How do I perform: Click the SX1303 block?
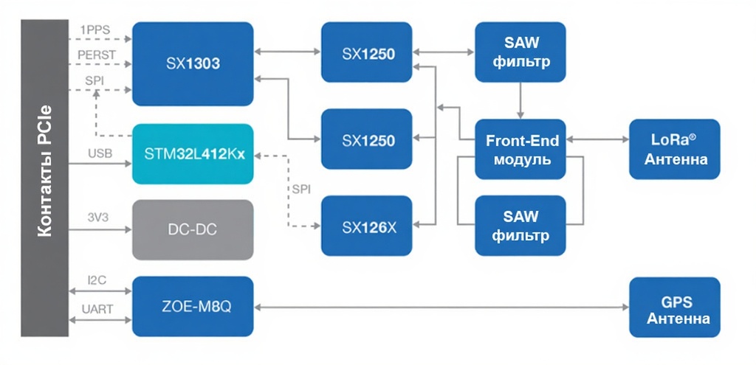tap(193, 63)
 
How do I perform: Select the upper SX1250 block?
tap(368, 52)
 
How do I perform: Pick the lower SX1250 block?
tap(368, 139)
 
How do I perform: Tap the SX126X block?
tap(368, 226)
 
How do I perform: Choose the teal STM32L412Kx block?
tap(193, 154)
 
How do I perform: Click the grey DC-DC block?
tap(193, 229)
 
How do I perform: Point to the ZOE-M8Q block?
tap(193, 306)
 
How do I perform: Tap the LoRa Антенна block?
tap(674, 150)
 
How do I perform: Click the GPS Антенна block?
tap(674, 308)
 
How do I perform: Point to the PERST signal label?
tap(97, 55)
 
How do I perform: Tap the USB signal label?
tap(100, 153)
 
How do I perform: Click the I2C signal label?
tap(97, 280)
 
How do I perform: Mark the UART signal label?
tap(98, 309)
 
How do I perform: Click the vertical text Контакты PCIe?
tap(44, 178)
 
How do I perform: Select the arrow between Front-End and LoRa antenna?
tap(597, 139)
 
